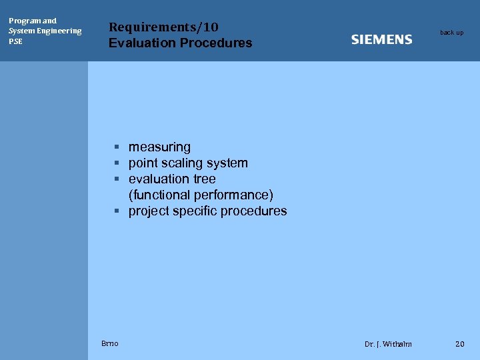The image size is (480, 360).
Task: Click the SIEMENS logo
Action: pyautogui.click(x=381, y=39)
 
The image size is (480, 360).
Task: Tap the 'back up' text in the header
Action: pyautogui.click(x=451, y=33)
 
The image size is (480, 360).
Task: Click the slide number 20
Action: pyautogui.click(x=459, y=344)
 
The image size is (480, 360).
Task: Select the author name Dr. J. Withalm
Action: pyautogui.click(x=388, y=344)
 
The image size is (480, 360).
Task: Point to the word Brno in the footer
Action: pyautogui.click(x=110, y=343)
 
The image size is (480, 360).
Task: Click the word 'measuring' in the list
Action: pyautogui.click(x=159, y=147)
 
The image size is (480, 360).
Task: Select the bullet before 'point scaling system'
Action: pyautogui.click(x=116, y=163)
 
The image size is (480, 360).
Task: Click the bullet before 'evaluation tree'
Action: pyautogui.click(x=116, y=179)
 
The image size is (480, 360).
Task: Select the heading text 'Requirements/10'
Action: pyautogui.click(x=163, y=27)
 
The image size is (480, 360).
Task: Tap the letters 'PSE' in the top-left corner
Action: pyautogui.click(x=15, y=41)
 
